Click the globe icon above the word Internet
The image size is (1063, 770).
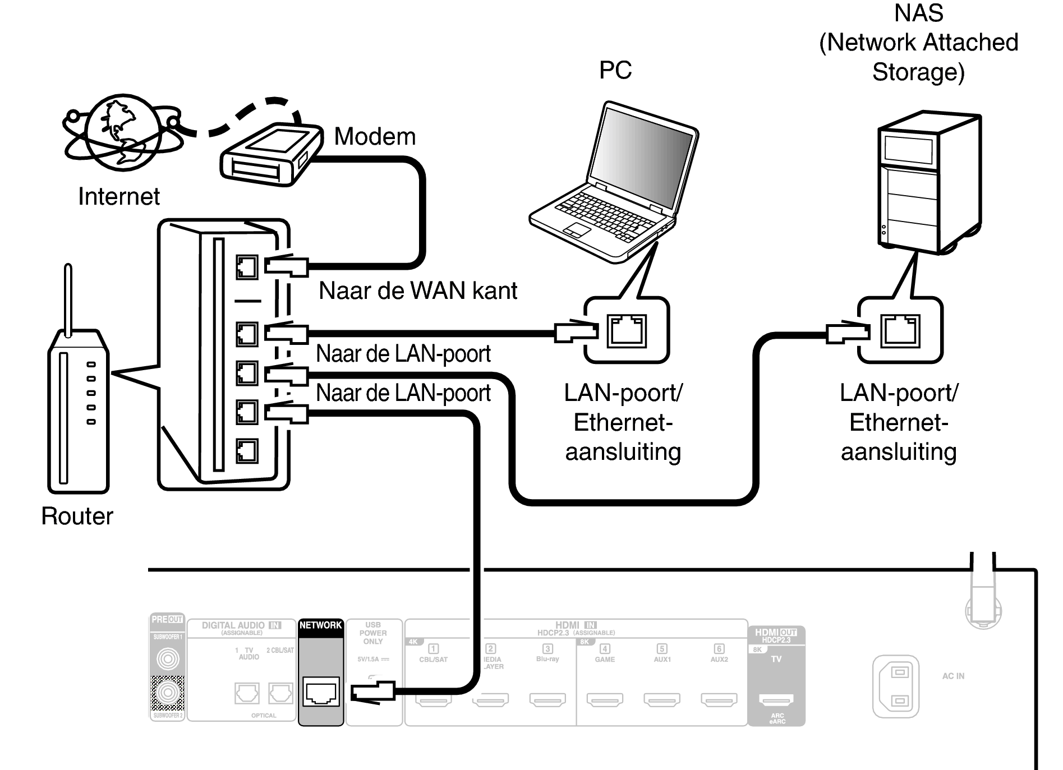click(120, 132)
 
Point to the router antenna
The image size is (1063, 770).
click(68, 300)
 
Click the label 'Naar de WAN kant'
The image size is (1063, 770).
click(418, 291)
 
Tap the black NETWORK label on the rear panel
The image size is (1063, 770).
click(320, 626)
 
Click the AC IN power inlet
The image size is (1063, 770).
click(896, 686)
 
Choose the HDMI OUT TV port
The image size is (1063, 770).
click(776, 699)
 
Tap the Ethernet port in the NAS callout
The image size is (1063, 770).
click(900, 331)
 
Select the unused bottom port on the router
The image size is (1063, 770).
click(247, 450)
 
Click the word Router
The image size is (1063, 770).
click(77, 517)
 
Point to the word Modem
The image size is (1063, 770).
click(375, 137)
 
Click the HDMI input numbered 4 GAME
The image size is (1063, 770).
click(605, 699)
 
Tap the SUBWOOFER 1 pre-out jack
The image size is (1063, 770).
click(168, 658)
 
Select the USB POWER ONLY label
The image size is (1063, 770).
click(373, 633)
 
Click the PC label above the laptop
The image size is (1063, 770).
click(615, 71)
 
